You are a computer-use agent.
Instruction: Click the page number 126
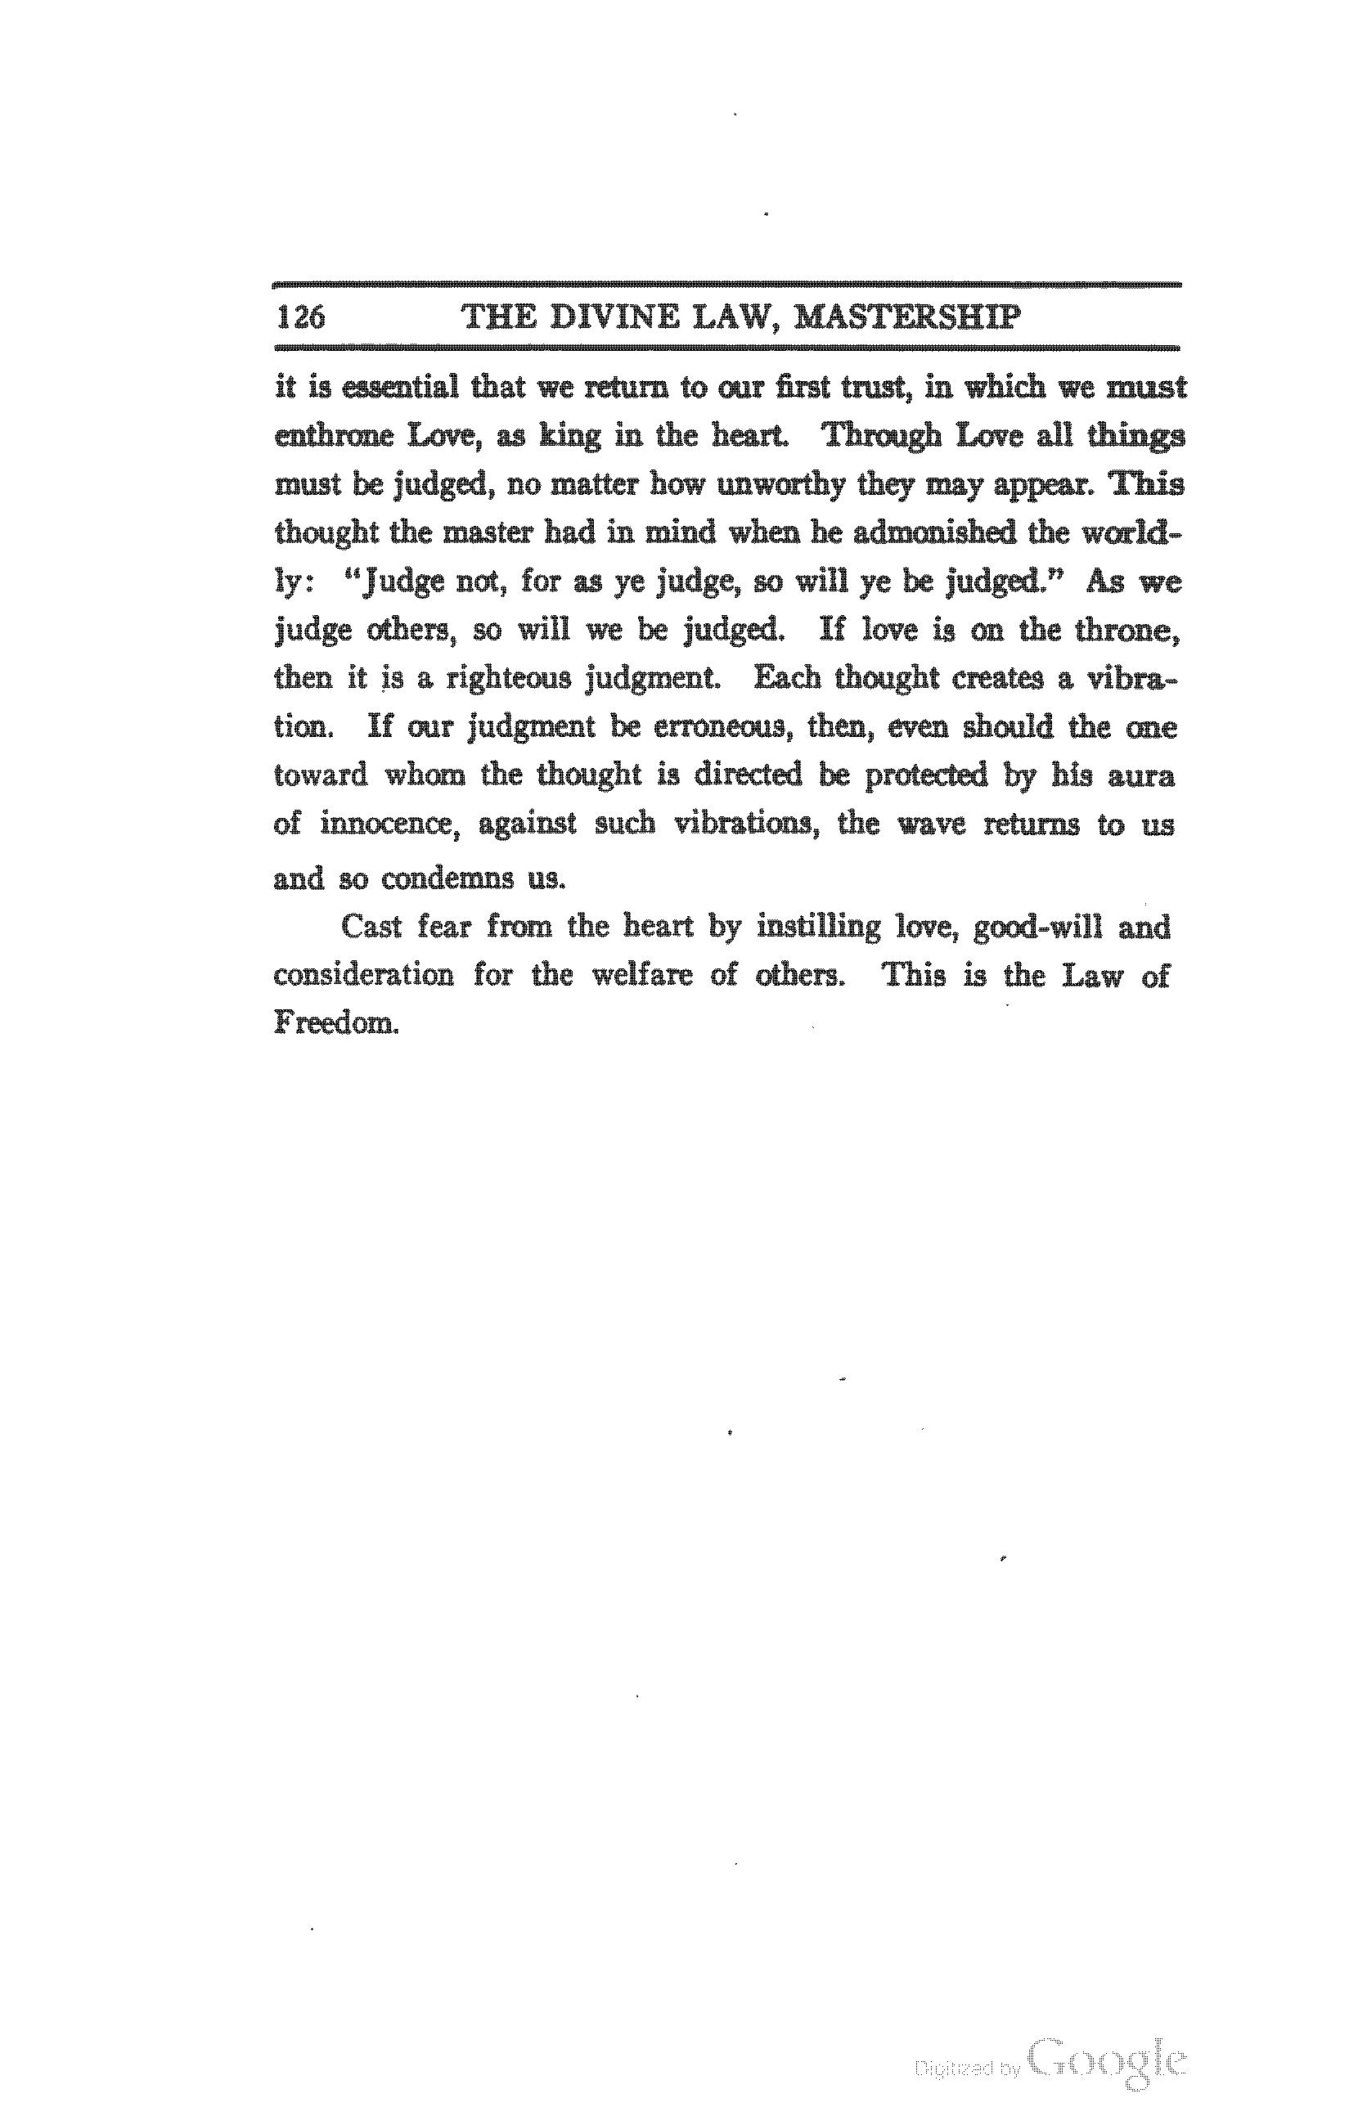tap(301, 316)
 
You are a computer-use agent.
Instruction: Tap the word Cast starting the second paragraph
tap(371, 927)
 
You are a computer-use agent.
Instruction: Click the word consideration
tap(363, 975)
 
